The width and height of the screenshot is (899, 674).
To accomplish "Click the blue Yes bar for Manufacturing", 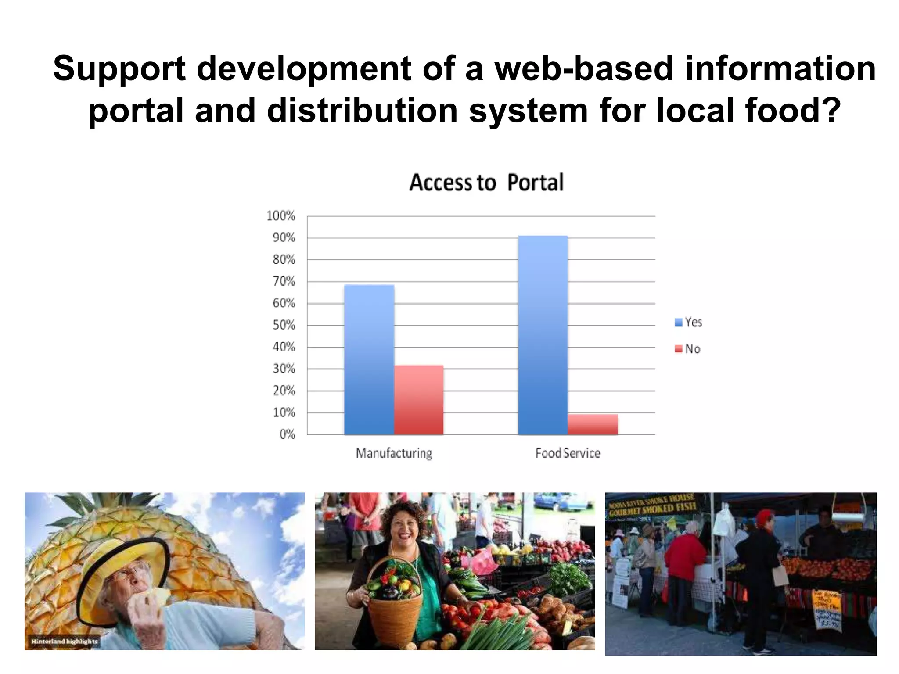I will coord(369,360).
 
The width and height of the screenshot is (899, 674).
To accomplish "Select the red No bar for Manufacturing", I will coord(419,400).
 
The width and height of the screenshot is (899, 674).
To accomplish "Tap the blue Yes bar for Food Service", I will coord(543,335).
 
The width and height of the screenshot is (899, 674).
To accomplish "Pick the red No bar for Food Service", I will coord(593,424).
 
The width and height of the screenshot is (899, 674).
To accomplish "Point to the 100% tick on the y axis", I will coord(281,216).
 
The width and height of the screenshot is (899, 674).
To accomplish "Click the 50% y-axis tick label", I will coord(284,325).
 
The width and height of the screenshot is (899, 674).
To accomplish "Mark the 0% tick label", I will coord(287,434).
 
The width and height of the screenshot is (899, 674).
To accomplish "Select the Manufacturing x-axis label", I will coord(394,453).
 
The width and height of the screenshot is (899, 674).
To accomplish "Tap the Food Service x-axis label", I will coord(568,453).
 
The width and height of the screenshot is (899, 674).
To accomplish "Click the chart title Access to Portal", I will coord(486,183).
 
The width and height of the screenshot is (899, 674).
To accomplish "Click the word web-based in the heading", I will coord(584,69).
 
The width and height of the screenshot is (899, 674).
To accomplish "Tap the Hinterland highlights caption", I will coord(65,642).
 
